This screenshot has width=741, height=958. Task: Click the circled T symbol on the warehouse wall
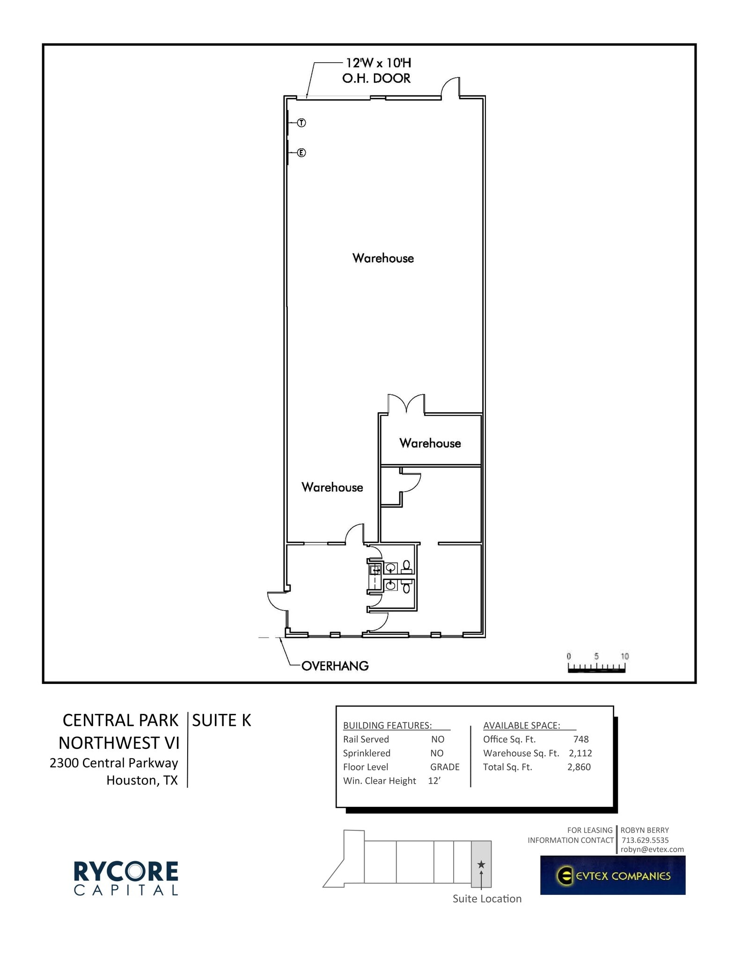(x=301, y=123)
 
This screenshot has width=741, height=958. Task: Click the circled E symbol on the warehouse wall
(x=301, y=152)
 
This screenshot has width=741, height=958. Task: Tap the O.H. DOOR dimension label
(x=377, y=71)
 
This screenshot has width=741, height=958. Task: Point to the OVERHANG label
(x=335, y=666)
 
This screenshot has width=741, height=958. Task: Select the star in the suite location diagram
(x=481, y=864)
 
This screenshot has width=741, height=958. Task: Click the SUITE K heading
(x=221, y=720)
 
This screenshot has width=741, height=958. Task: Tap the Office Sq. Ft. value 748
(x=580, y=739)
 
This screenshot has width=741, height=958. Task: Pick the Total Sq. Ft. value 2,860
(x=579, y=767)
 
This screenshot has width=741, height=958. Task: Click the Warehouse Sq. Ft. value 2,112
(x=580, y=753)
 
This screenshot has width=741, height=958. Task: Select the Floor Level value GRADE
(x=444, y=767)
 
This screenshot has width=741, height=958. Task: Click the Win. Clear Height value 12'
(x=434, y=781)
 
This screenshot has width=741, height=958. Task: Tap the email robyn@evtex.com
(x=652, y=849)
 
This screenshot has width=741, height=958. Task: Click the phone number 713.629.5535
(x=645, y=840)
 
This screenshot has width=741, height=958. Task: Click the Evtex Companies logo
(x=612, y=875)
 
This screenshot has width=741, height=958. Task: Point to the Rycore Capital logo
(x=126, y=878)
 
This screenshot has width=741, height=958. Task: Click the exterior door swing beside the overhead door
(x=451, y=87)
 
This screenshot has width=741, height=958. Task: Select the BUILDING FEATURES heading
(x=387, y=725)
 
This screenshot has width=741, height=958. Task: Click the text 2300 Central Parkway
(x=114, y=763)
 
